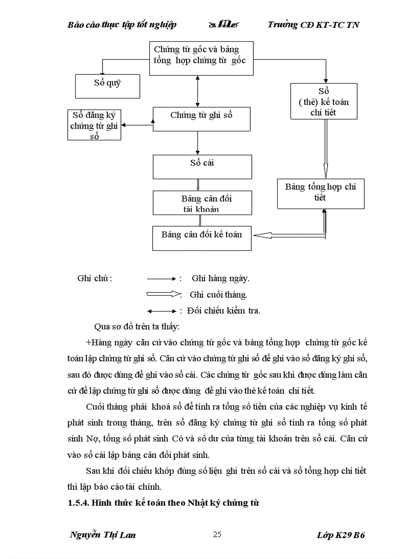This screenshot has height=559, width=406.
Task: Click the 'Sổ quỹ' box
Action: click(107, 83)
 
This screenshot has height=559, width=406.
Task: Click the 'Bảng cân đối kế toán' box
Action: click(202, 237)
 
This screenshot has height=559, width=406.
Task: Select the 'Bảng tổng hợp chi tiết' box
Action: click(321, 193)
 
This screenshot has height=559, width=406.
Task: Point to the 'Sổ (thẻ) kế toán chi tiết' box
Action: click(323, 102)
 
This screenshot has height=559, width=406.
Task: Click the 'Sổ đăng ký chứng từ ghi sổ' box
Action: click(94, 125)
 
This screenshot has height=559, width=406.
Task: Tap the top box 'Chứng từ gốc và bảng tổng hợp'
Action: click(202, 59)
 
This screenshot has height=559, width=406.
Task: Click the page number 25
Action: click(217, 535)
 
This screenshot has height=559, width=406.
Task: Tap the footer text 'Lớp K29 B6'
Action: click(341, 535)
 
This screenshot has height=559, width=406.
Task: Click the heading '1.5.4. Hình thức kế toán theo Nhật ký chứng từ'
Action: click(165, 502)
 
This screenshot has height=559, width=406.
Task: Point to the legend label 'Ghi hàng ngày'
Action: click(220, 278)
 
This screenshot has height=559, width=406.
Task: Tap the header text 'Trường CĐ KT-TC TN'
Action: click(313, 24)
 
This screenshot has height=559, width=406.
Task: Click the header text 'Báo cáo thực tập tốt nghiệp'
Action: click(122, 24)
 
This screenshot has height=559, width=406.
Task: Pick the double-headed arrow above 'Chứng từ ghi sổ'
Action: click(198, 91)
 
